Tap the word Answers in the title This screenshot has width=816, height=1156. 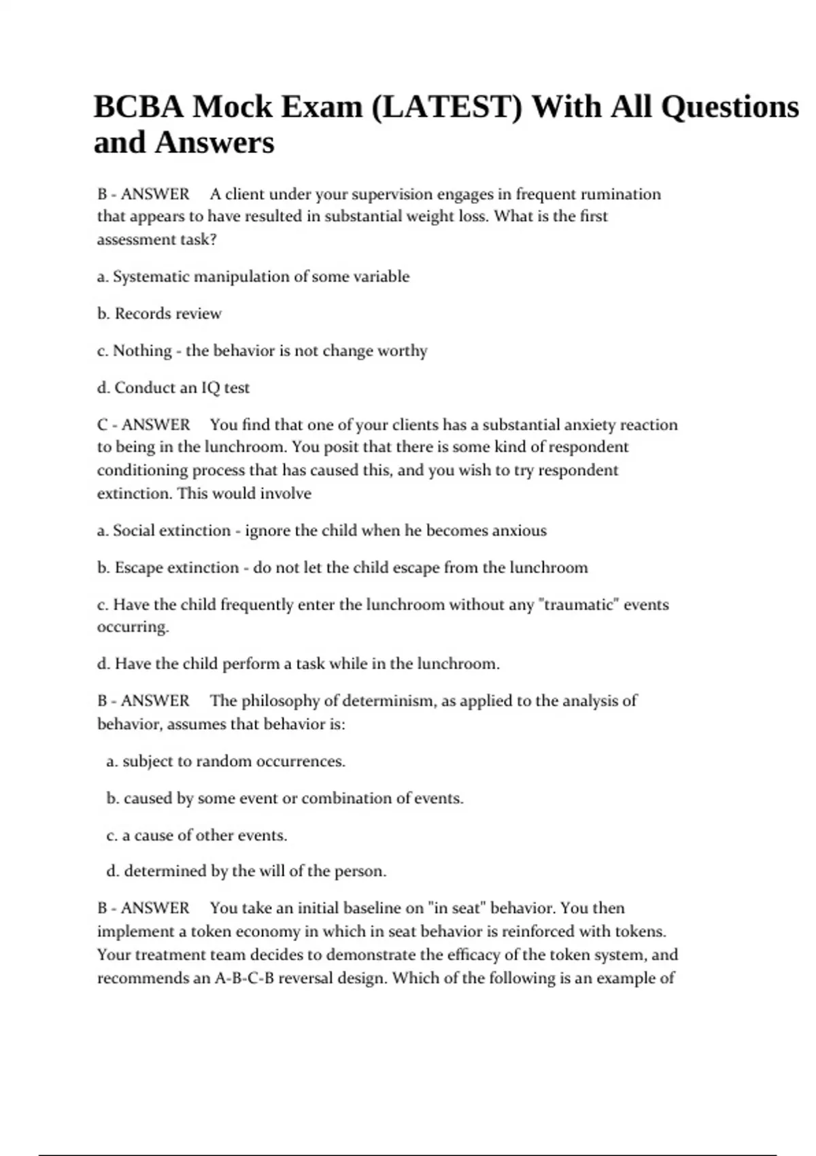(x=214, y=143)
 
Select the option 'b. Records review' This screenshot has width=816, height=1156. (x=159, y=313)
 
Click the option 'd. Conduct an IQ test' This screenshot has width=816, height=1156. (x=173, y=388)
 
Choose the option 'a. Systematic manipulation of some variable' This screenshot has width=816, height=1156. (x=253, y=277)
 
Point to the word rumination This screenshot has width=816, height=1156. (x=622, y=194)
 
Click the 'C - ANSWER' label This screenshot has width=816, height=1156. (x=143, y=425)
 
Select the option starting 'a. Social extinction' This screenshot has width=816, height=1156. (x=322, y=530)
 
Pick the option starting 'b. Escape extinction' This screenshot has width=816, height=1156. (x=342, y=568)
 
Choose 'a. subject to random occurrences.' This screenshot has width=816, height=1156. (x=226, y=762)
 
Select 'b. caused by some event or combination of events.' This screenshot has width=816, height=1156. (x=285, y=798)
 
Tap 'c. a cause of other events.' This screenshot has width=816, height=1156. (x=197, y=835)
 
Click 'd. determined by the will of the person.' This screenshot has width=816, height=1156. (x=246, y=871)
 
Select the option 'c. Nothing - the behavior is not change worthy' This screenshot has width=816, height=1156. (x=262, y=351)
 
